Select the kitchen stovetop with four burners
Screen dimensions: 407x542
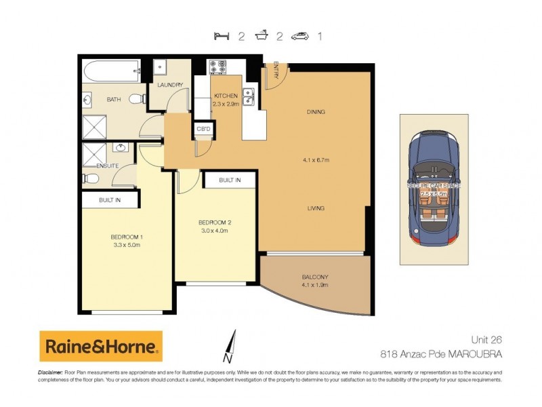218,67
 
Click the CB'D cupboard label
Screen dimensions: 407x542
203,128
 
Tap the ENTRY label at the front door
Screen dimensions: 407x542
276,71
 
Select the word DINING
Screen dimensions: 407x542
316,112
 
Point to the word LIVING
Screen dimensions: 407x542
315,208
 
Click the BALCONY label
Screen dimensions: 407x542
315,277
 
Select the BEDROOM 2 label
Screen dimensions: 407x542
215,222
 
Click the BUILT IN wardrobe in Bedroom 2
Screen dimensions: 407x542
230,180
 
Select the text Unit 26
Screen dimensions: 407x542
486,339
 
